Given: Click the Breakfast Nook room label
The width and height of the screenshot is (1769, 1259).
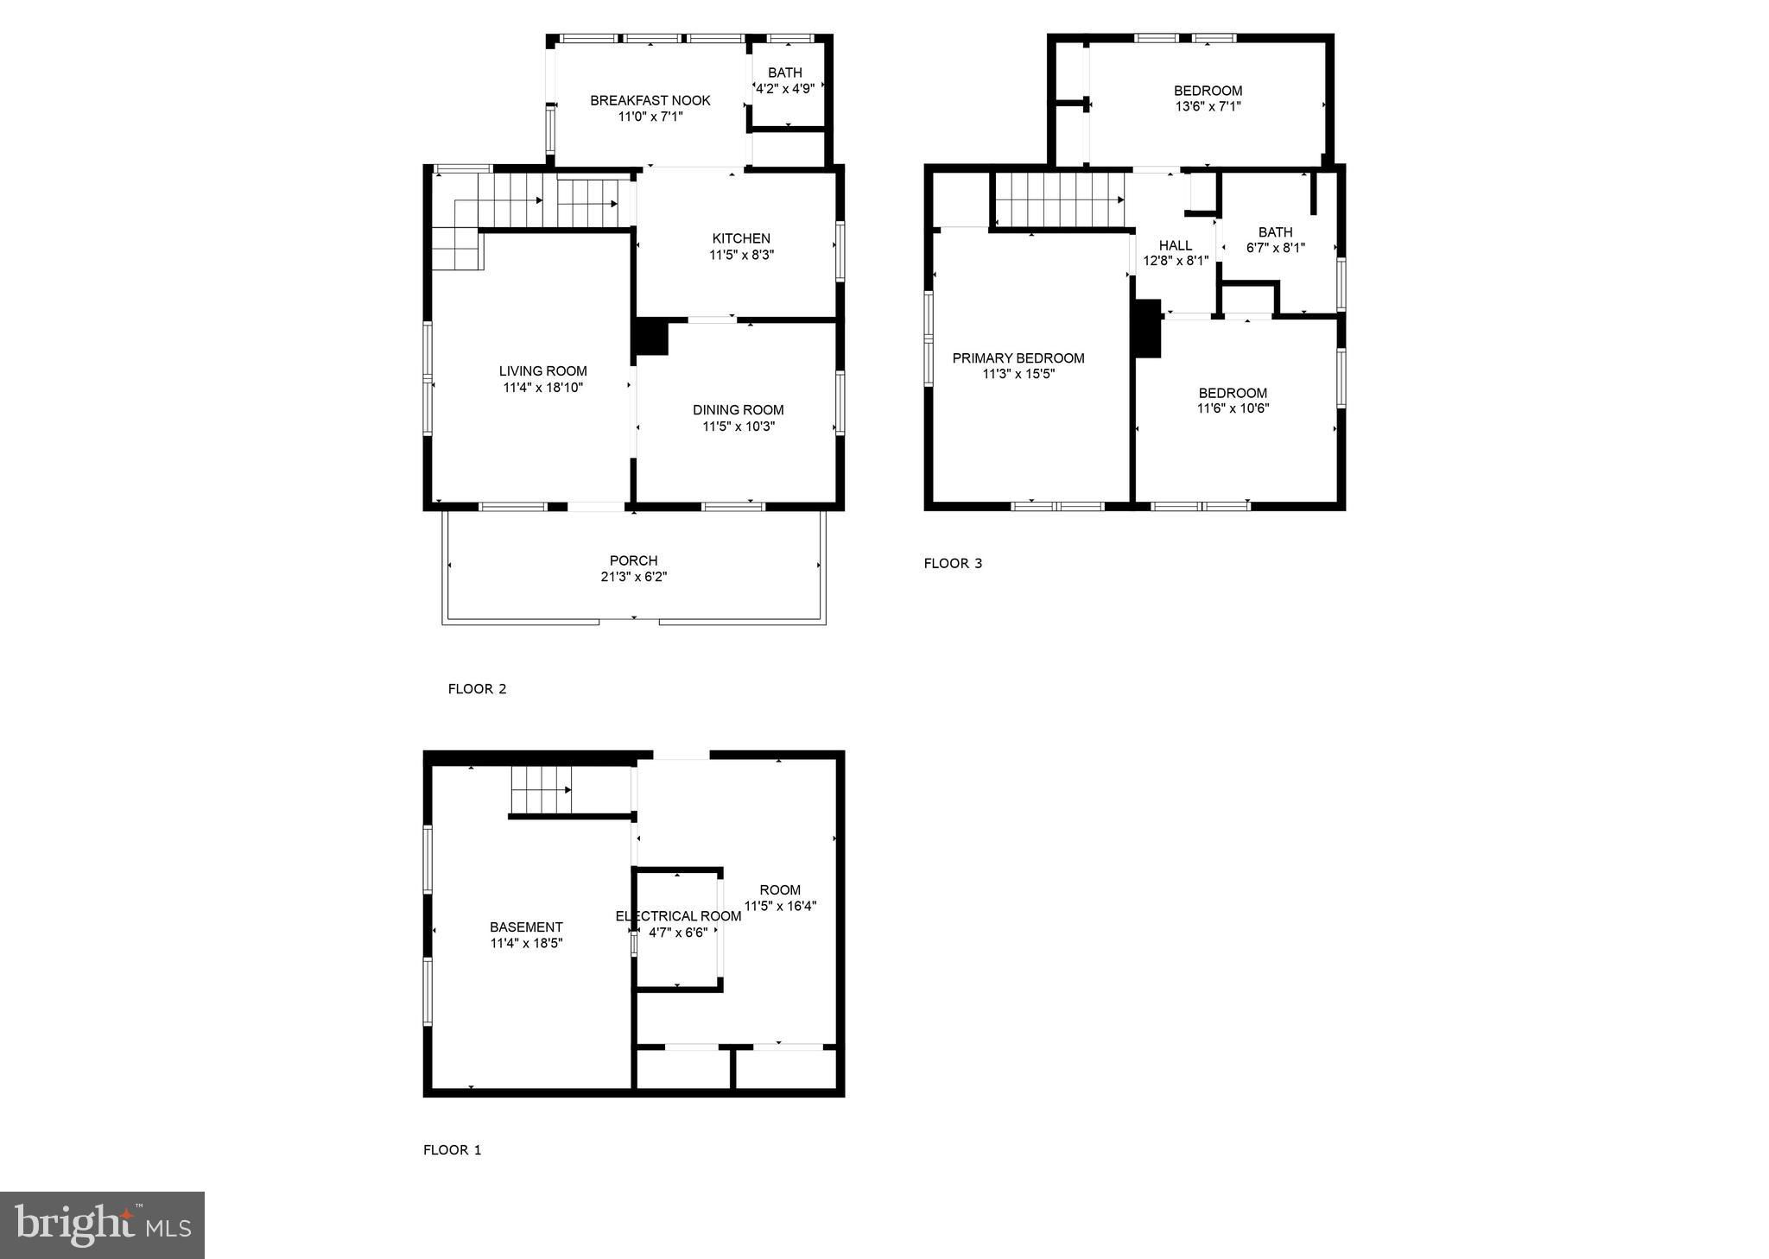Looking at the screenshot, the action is click(x=650, y=100).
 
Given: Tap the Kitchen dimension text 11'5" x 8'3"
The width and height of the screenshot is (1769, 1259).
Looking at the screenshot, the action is click(x=741, y=255).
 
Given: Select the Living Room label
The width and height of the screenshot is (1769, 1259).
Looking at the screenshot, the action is click(x=543, y=371).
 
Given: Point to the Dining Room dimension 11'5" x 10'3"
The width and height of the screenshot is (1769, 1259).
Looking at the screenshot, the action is click(x=739, y=426).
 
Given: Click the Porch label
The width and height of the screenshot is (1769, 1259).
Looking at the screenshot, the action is click(x=634, y=560).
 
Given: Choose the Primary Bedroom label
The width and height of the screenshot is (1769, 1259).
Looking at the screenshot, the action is click(x=1018, y=358).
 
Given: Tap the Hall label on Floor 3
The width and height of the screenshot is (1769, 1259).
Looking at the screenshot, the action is click(x=1176, y=245).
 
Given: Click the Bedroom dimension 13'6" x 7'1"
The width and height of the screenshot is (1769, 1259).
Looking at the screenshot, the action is click(x=1208, y=106).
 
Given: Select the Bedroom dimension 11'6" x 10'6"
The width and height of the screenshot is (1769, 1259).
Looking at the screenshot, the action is click(x=1233, y=408).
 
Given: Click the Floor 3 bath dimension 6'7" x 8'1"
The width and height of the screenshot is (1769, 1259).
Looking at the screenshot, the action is click(x=1276, y=247).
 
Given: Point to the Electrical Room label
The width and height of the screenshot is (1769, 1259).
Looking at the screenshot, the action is click(x=678, y=916).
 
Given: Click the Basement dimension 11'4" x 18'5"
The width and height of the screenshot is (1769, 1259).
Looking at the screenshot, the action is click(x=527, y=943).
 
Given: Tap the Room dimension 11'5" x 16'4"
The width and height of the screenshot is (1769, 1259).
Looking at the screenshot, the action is click(x=781, y=906).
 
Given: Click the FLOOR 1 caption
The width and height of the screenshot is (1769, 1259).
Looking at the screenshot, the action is click(x=452, y=1150).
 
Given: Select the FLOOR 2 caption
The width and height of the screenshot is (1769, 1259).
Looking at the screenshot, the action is click(x=477, y=689).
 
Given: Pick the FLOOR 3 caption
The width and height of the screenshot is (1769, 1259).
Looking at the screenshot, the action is click(x=953, y=564).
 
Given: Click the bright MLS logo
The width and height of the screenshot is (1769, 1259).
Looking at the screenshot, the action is click(x=102, y=1225).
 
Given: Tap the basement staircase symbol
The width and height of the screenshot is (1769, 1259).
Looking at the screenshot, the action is click(x=542, y=790).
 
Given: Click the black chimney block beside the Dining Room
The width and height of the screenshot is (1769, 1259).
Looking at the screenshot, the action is click(x=652, y=338).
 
